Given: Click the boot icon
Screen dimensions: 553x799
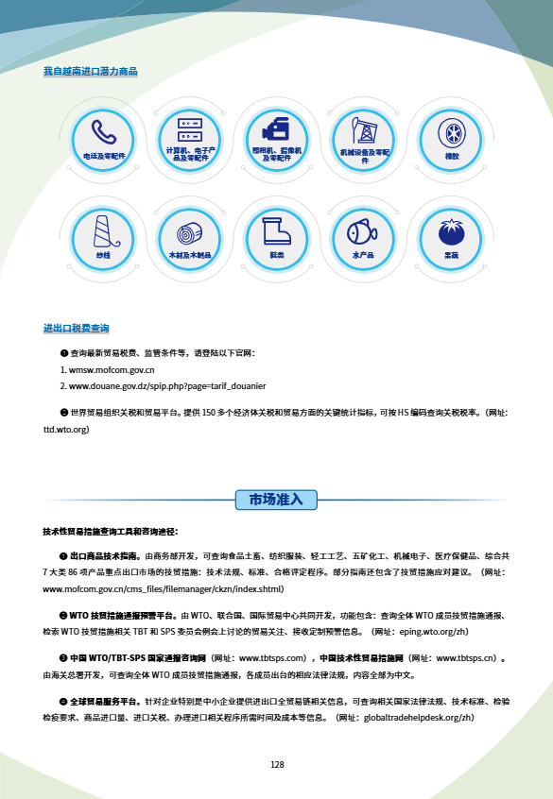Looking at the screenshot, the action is click(x=276, y=229).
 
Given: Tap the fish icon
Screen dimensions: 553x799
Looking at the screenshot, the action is click(x=364, y=230).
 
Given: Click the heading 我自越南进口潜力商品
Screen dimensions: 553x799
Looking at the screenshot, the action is click(x=90, y=72).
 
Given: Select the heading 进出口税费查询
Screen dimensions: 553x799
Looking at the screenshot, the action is click(x=76, y=329).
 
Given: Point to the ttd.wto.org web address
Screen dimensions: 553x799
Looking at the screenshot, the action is click(x=66, y=429).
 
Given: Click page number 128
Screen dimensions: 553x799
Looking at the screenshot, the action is click(x=276, y=765).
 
